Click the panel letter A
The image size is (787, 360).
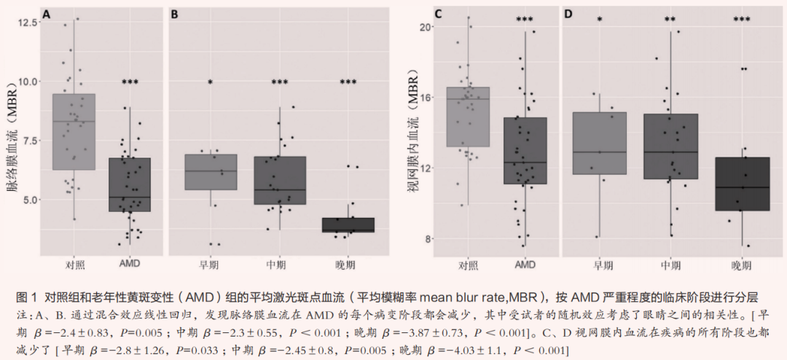47,14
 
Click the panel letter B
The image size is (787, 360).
175,14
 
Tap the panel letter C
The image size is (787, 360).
438,14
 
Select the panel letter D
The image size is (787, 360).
568,14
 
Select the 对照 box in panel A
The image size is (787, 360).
74,132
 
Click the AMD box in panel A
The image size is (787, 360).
130,184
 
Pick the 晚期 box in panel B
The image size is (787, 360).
337,224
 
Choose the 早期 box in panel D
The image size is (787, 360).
600,144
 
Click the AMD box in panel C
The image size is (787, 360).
525,151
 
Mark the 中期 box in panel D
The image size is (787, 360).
671,146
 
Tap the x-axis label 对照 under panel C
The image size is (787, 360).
468,265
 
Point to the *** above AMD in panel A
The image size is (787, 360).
130,82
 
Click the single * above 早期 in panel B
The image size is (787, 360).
210,82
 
